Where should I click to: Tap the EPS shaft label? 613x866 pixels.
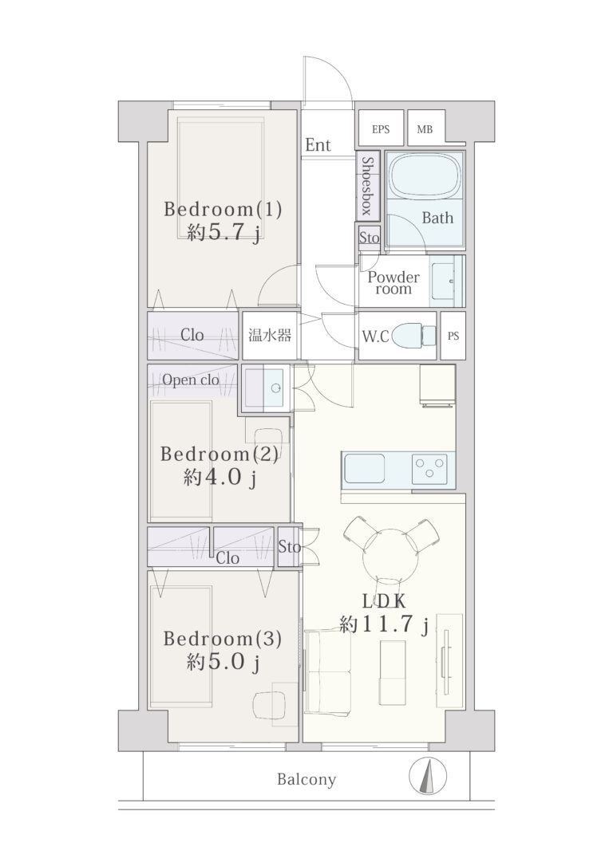click(380, 129)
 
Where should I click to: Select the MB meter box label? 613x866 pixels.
click(425, 129)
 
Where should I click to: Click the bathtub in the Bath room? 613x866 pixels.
click(425, 175)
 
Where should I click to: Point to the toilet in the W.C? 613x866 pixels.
click(414, 335)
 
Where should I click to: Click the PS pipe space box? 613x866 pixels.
click(453, 335)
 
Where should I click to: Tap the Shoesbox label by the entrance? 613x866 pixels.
click(368, 185)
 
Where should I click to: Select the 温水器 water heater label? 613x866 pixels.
click(269, 335)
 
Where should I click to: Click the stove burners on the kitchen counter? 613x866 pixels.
click(429, 470)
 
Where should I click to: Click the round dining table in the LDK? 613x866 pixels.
click(390, 556)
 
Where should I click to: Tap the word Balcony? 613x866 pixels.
click(306, 779)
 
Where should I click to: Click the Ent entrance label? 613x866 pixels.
click(318, 145)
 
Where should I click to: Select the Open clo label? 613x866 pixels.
click(190, 380)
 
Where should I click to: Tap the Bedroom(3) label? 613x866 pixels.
click(223, 639)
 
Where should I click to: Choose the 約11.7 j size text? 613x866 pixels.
click(385, 624)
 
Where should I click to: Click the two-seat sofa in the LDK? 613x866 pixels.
click(327, 672)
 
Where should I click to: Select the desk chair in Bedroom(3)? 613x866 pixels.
click(269, 705)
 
